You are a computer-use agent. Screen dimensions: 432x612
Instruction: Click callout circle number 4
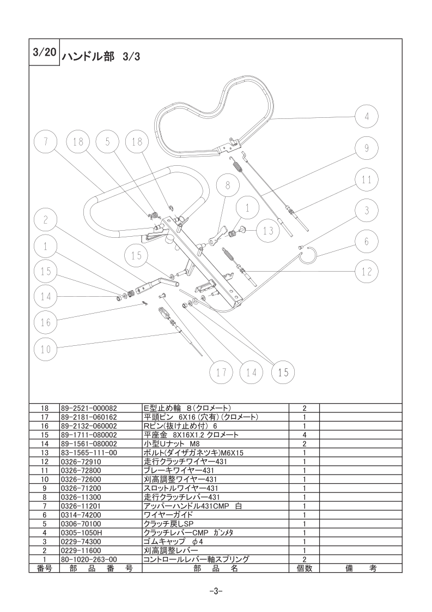pyautogui.click(x=367, y=116)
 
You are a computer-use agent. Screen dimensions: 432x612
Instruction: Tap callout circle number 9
pyautogui.click(x=367, y=148)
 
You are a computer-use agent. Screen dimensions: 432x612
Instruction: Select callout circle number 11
pyautogui.click(x=367, y=180)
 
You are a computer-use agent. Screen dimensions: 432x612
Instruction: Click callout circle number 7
pyautogui.click(x=46, y=142)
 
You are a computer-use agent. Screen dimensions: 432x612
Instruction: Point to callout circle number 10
pyautogui.click(x=46, y=349)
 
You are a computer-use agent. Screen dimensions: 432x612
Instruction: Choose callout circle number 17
pyautogui.click(x=221, y=373)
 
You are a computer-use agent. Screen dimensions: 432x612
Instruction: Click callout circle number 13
pyautogui.click(x=268, y=231)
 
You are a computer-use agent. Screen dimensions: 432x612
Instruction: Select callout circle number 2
pyautogui.click(x=46, y=220)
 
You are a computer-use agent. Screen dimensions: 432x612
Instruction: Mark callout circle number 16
pyautogui.click(x=46, y=322)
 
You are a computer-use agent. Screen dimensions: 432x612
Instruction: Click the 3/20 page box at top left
pyautogui.click(x=44, y=52)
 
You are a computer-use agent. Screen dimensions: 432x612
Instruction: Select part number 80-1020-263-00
pyautogui.click(x=89, y=560)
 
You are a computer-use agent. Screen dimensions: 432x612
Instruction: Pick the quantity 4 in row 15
pyautogui.click(x=305, y=435)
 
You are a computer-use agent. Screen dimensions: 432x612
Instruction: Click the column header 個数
pyautogui.click(x=305, y=568)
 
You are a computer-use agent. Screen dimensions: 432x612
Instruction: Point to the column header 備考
pyautogui.click(x=361, y=568)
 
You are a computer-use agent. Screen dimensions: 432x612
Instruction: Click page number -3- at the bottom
pyautogui.click(x=216, y=591)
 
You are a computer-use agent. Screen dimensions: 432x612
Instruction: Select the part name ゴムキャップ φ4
pyautogui.click(x=173, y=542)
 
